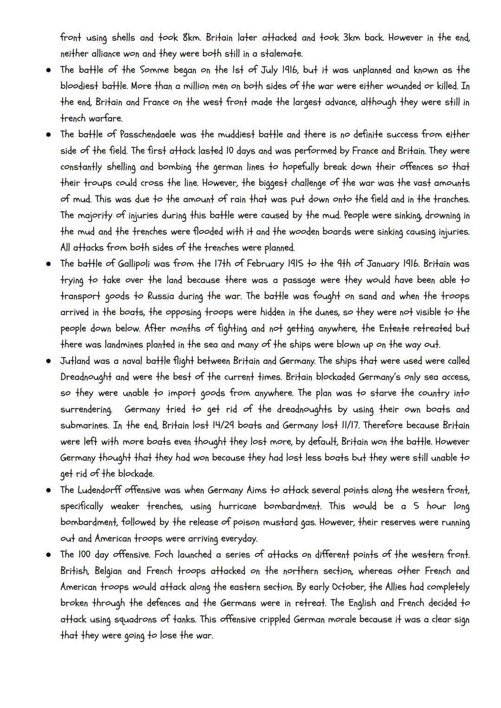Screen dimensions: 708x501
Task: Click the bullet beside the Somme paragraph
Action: pos(48,70)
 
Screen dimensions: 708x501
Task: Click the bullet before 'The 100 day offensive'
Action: pos(48,555)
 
